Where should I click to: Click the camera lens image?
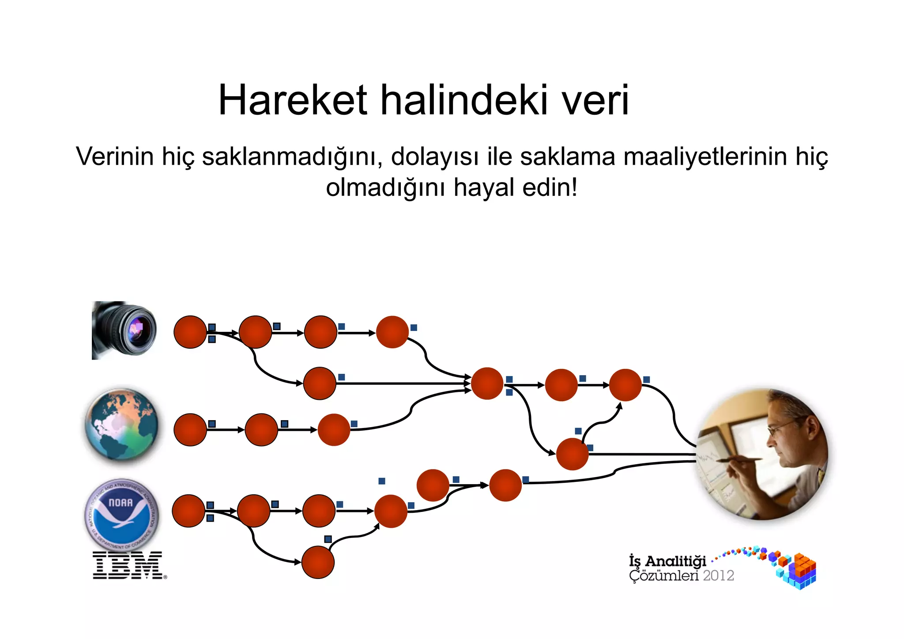124,330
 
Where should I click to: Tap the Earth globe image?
121,425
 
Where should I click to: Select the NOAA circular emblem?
121,514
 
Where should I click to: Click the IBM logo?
128,565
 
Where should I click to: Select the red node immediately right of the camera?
190,332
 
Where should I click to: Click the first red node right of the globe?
190,429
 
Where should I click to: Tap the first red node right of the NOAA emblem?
188,511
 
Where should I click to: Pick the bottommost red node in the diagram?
318,562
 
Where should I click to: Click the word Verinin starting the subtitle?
115,157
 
